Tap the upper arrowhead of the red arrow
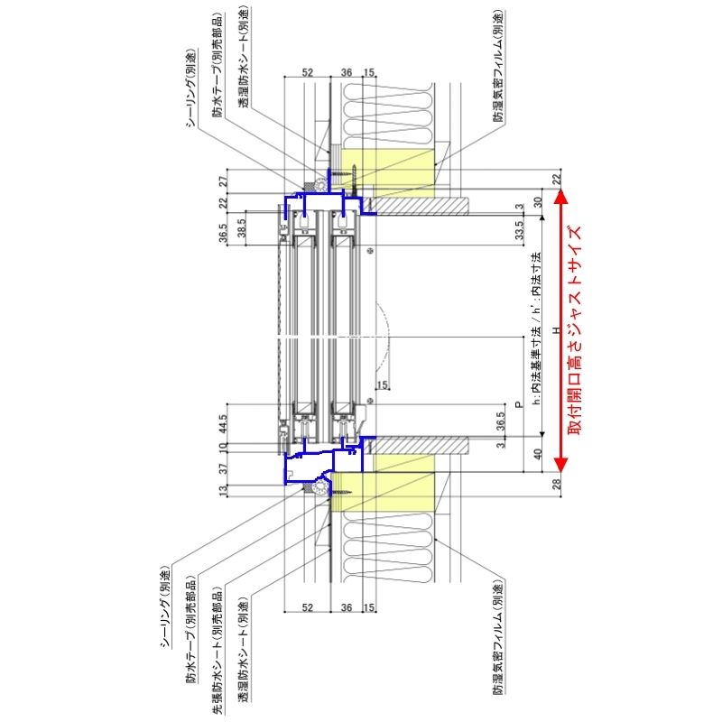(x=560, y=194)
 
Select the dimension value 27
(x=223, y=180)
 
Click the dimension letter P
(x=518, y=405)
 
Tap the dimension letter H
(x=557, y=330)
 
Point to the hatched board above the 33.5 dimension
(x=420, y=207)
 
